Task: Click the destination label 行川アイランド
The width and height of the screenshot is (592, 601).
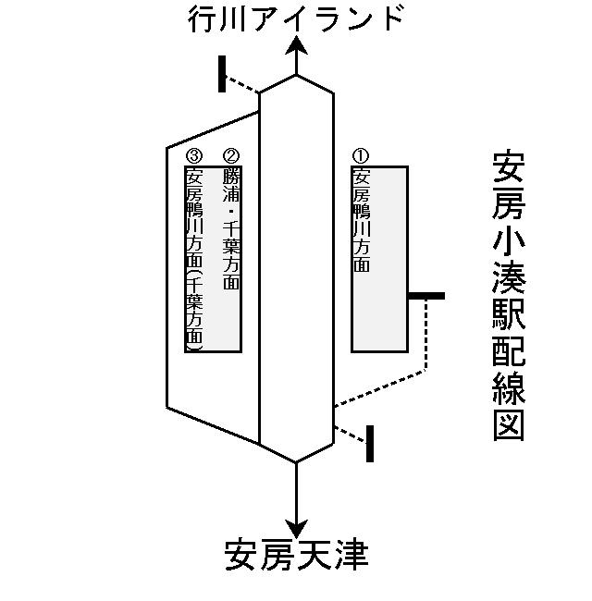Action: coord(295,19)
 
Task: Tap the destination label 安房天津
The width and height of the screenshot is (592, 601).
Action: coord(296,556)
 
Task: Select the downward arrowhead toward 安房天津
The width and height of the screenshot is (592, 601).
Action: coord(296,525)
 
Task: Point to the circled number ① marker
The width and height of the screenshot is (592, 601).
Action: coord(362,157)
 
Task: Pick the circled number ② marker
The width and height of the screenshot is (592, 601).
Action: coord(231,157)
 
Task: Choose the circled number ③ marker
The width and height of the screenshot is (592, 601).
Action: coord(194,157)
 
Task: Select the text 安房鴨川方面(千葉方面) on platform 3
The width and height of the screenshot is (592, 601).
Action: coord(194,259)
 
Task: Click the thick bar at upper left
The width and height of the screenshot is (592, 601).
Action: coord(222,74)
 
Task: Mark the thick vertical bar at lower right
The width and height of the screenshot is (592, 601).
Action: coord(370,443)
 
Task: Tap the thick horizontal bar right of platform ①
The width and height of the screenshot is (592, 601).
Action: coord(426,296)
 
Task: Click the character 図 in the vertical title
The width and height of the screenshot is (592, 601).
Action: coord(510,424)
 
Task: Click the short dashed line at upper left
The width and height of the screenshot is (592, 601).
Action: coord(243,85)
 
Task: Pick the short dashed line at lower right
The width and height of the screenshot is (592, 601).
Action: coord(350,433)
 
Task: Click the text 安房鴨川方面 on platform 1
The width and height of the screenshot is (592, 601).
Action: coord(362,220)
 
